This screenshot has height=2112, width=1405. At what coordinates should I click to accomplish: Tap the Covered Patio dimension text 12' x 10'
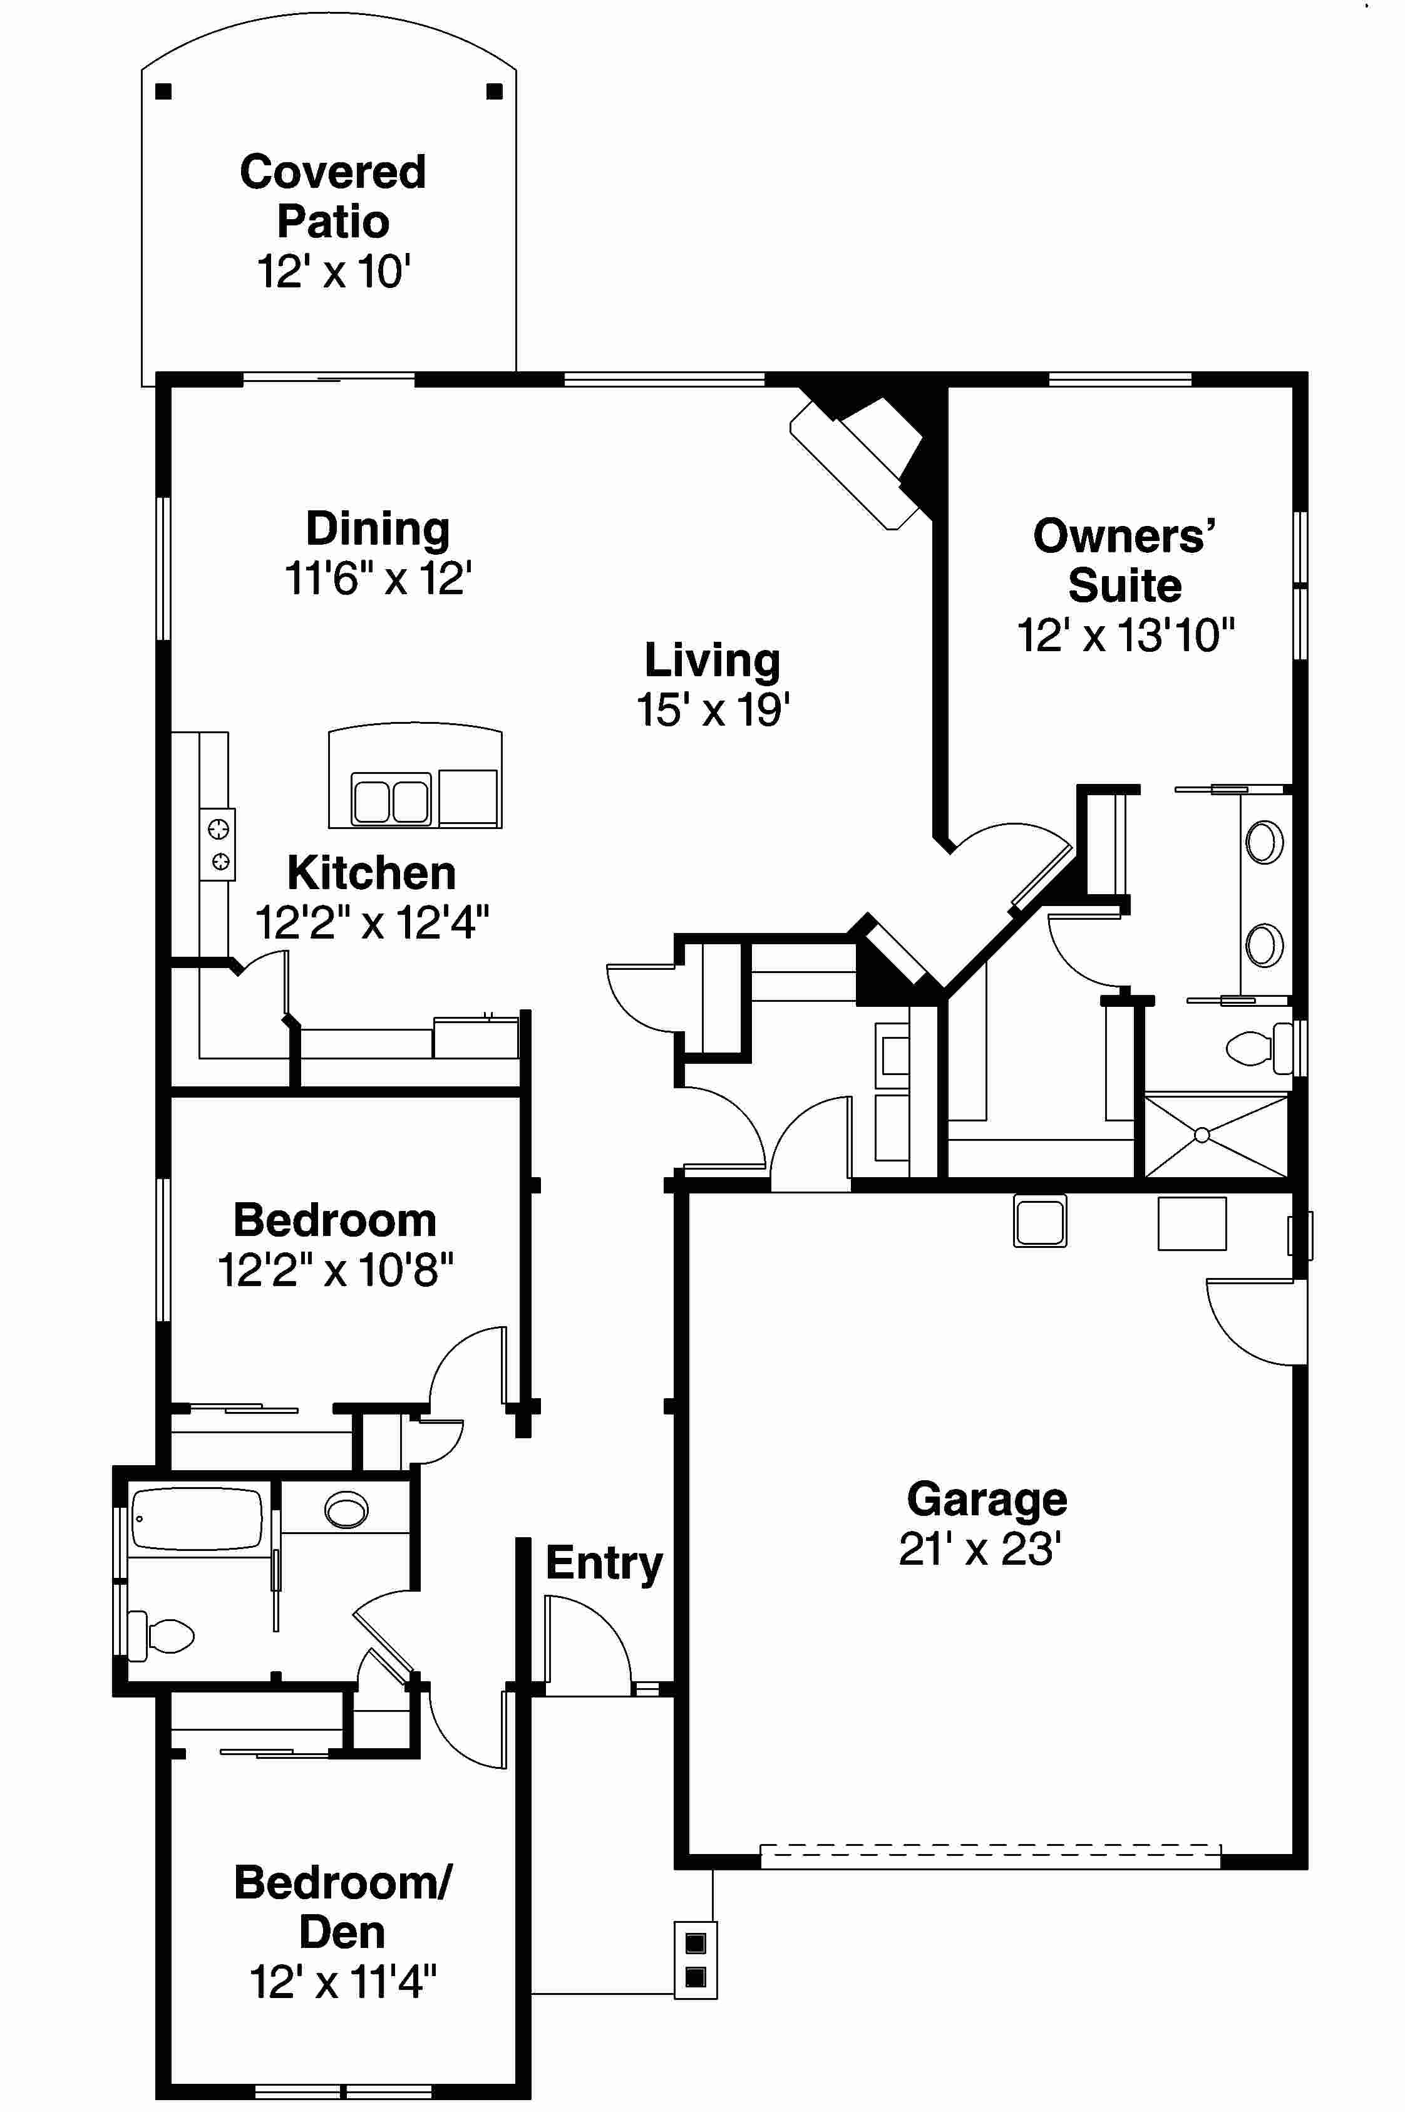coord(333,272)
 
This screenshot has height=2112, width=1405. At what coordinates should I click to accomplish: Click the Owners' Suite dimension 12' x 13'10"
coord(1125,636)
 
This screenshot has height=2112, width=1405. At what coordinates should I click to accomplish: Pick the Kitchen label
coord(371,873)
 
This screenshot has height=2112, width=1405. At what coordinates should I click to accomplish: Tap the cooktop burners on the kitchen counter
coord(219,844)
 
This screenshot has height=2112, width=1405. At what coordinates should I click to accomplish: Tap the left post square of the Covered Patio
coord(163,91)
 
